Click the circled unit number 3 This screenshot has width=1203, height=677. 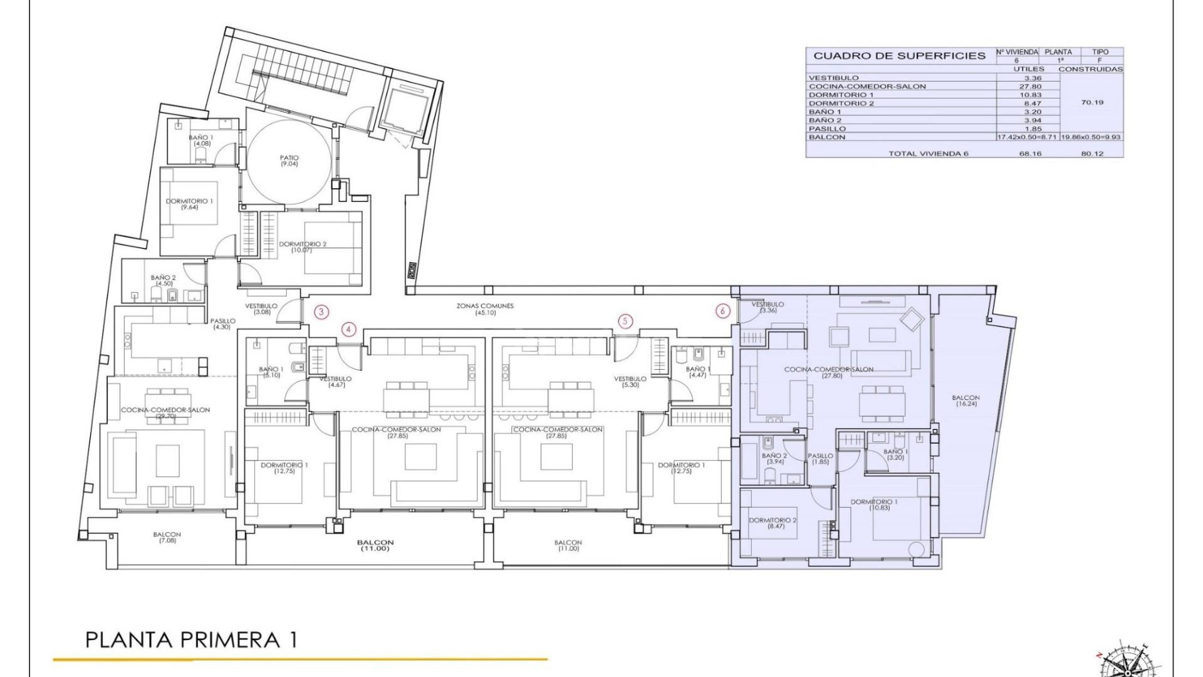pos(321,312)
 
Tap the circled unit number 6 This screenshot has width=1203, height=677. pos(722,311)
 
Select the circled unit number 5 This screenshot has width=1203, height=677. pos(625,322)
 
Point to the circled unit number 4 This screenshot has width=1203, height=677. pos(349,329)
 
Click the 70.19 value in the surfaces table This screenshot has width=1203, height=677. pos(1092,102)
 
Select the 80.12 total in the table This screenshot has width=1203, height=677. pos(1092,154)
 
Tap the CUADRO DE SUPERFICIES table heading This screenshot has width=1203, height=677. pos(899,56)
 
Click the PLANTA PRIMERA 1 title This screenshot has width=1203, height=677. pos(191,640)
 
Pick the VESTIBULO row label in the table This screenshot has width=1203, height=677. pos(833,78)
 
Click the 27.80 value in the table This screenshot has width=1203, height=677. pos(1030,87)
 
